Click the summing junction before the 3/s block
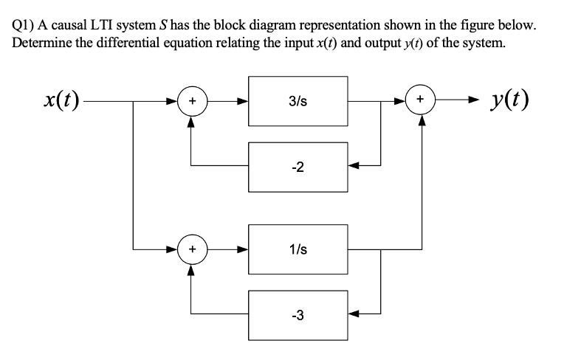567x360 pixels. pos(192,99)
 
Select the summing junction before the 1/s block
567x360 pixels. pos(192,249)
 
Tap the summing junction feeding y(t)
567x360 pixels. pos(421,99)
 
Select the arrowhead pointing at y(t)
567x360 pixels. pos(472,99)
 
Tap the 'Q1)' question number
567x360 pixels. pos(24,25)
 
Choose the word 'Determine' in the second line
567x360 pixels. pos(41,41)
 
